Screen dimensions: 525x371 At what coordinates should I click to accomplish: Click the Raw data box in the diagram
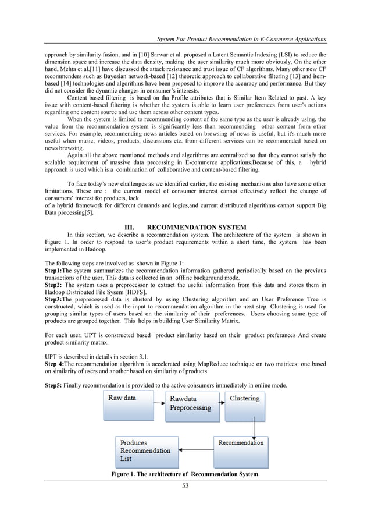tap(126, 405)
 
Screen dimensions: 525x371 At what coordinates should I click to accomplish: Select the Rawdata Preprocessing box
tap(190, 405)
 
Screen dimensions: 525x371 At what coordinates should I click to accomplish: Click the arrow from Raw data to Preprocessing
tap(156, 401)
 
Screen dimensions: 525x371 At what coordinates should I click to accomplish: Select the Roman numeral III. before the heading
tap(130, 226)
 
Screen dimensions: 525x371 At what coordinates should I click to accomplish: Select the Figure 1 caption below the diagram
tap(185, 474)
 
